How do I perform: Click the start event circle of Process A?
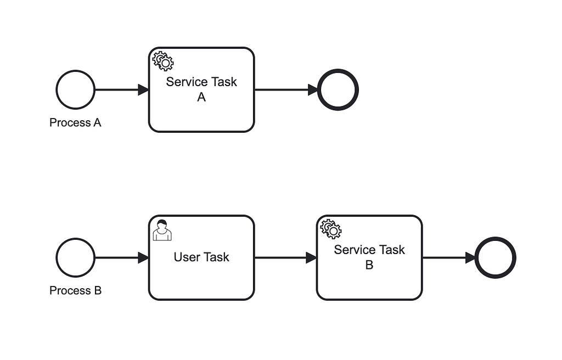76,89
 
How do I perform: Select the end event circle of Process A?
338,89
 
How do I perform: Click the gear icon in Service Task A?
162,61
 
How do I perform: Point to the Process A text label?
75,122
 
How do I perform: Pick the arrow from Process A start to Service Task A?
121,89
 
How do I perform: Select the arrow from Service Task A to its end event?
285,89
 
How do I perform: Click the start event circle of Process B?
76,257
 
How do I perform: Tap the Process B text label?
75,290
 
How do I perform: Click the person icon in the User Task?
162,230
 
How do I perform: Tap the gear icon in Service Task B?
331,229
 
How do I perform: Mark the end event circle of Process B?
495,257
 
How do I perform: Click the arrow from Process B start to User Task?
121,257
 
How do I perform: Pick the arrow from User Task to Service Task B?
285,257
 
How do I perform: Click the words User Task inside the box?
201,257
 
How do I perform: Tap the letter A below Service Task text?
201,97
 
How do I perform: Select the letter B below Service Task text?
369,265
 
